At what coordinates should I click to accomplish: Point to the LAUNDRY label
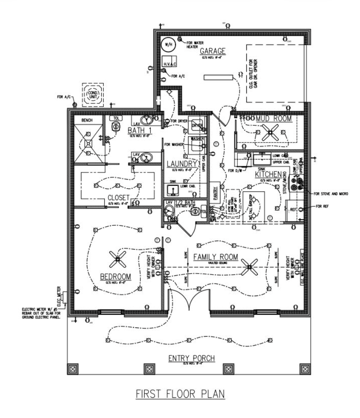coord(182,164)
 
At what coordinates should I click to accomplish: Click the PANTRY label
coord(214,191)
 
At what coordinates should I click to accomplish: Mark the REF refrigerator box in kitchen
coord(293,209)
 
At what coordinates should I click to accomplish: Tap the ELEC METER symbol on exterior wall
coord(64,296)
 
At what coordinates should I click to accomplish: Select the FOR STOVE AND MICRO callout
coord(331,194)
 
